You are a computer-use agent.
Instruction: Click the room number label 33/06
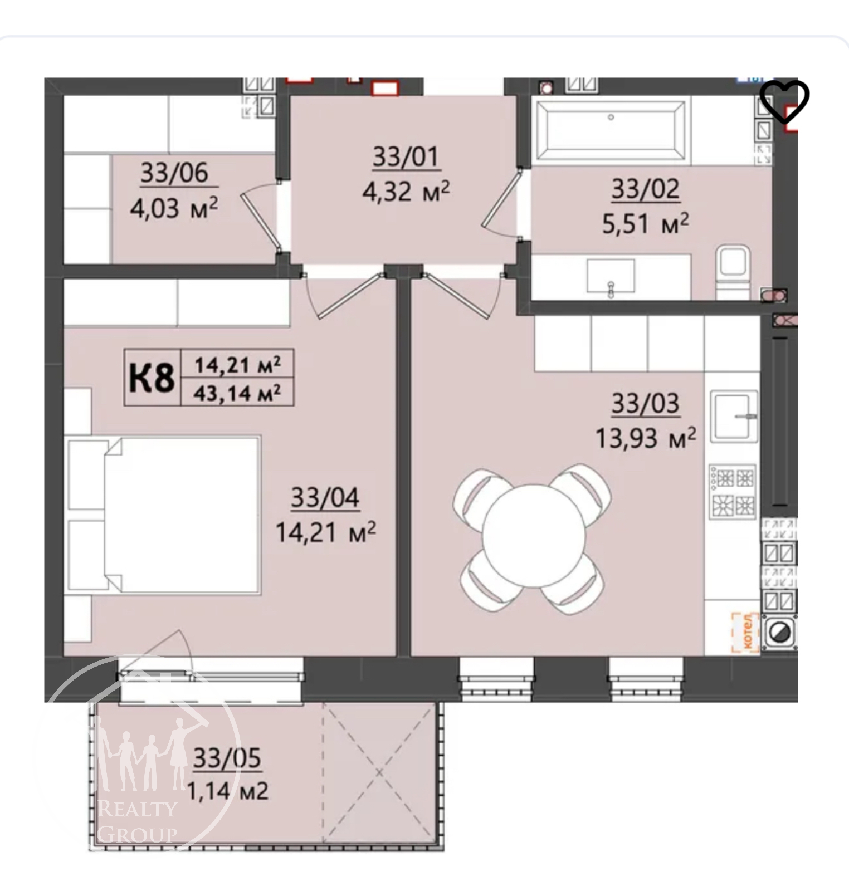click(x=174, y=173)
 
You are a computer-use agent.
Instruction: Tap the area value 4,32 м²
click(x=406, y=192)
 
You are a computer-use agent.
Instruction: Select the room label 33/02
click(x=645, y=189)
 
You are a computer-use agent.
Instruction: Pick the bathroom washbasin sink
click(x=611, y=276)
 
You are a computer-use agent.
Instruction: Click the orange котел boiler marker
click(x=745, y=632)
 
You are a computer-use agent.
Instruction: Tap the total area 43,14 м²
click(x=237, y=393)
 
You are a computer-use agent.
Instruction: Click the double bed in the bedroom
click(x=164, y=514)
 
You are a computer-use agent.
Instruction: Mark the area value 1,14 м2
click(x=227, y=791)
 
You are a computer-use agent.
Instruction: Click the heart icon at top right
click(x=784, y=101)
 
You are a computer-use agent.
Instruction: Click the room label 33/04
click(x=325, y=498)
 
